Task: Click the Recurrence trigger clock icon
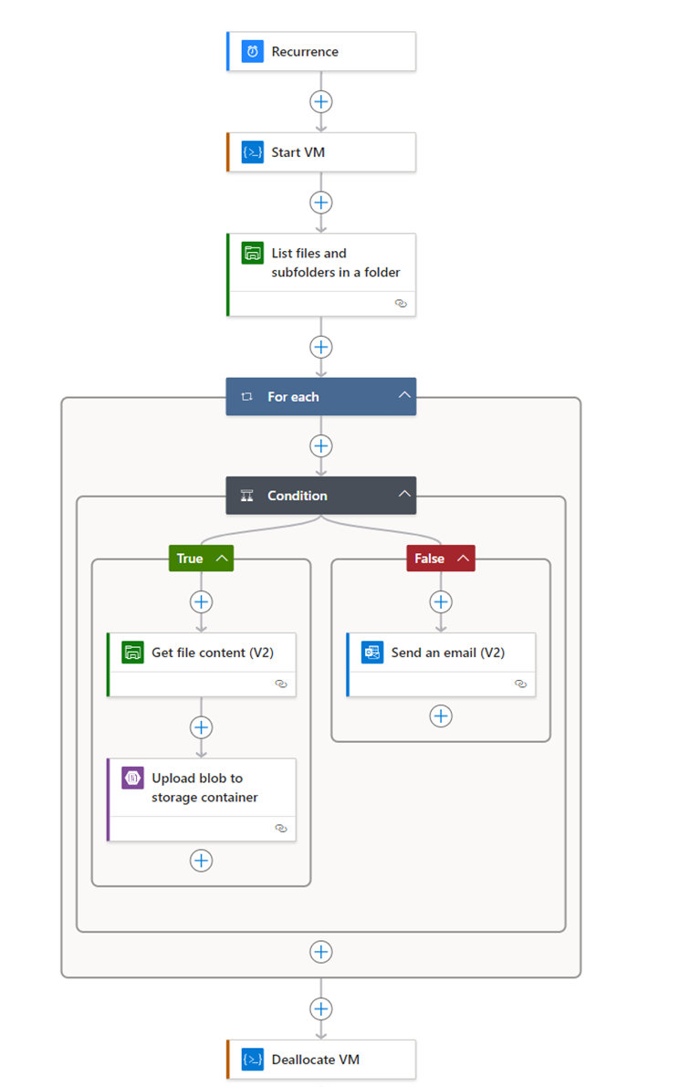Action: tap(253, 52)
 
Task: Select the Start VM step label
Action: tap(298, 152)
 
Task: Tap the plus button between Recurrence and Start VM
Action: tap(320, 101)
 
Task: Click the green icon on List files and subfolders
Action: tap(253, 253)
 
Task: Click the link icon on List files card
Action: tap(401, 304)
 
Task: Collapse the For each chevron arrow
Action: tap(404, 396)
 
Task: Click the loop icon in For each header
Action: tap(246, 397)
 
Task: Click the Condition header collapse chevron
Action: tap(404, 495)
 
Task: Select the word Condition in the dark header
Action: tap(297, 496)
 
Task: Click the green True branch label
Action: tap(190, 559)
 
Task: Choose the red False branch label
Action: tap(429, 559)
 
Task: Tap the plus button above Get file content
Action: tap(201, 601)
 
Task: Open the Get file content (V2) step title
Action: tap(212, 653)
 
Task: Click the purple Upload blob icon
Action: tap(133, 779)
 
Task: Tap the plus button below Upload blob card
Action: tap(201, 860)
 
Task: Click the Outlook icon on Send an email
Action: tap(372, 653)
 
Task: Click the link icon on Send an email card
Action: tap(520, 684)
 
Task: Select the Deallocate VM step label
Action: tap(315, 1060)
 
